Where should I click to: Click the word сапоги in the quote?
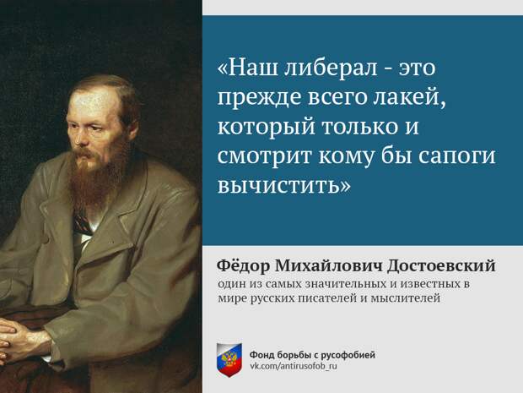(x=457, y=157)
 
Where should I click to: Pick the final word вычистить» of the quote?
(x=284, y=185)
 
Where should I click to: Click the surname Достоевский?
(x=441, y=266)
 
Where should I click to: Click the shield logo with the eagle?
(x=229, y=360)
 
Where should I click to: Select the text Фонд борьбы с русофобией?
(x=312, y=355)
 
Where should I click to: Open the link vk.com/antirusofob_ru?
(x=294, y=366)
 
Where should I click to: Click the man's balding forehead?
(x=90, y=101)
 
